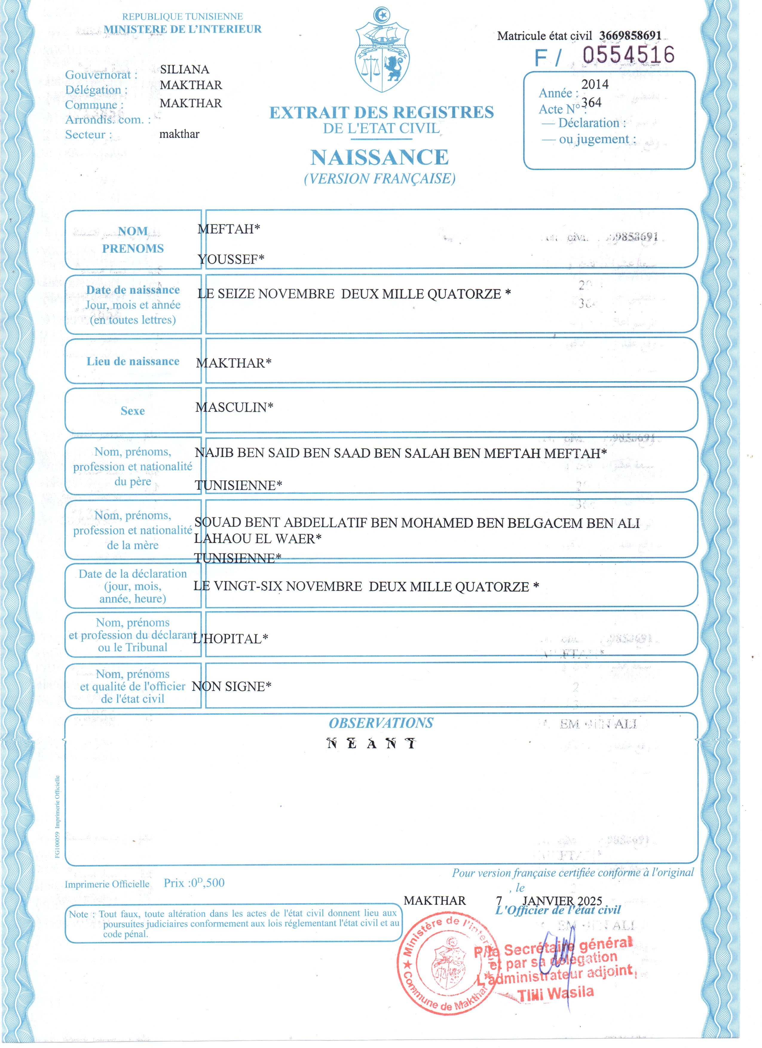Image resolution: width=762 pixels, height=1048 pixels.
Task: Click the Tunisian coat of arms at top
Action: click(x=382, y=51)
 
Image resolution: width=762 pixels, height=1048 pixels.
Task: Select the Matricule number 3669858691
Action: click(x=630, y=36)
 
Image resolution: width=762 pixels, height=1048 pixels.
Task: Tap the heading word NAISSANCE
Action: click(x=379, y=158)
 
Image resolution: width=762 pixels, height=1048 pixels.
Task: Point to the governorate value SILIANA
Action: click(x=184, y=69)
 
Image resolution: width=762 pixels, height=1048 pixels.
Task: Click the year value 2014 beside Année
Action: click(x=595, y=84)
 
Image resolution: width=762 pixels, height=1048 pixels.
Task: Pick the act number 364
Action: click(x=591, y=103)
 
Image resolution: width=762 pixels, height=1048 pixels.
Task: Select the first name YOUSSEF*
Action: click(x=231, y=259)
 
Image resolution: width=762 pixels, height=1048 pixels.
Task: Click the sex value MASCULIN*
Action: click(x=234, y=407)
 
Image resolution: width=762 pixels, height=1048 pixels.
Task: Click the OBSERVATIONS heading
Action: click(x=381, y=723)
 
